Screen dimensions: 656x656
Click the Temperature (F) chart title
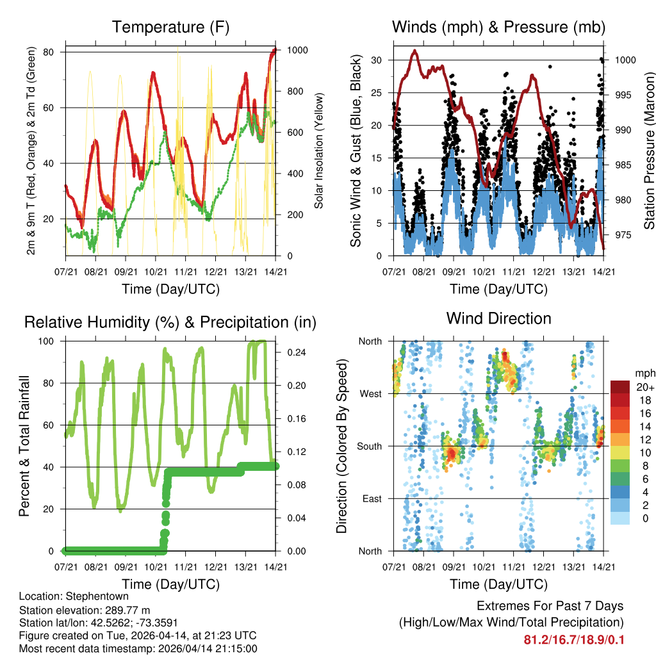pyautogui.click(x=170, y=27)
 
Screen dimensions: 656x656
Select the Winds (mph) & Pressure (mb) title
pyautogui.click(x=498, y=27)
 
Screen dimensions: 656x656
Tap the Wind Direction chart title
pyautogui.click(x=498, y=318)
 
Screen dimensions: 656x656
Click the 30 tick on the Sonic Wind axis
pyautogui.click(x=377, y=60)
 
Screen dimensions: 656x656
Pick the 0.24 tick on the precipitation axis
pyautogui.click(x=293, y=352)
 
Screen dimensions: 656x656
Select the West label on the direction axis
pyautogui.click(x=370, y=394)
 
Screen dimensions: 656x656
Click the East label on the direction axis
pyautogui.click(x=372, y=498)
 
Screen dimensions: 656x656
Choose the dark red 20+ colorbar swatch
pyautogui.click(x=619, y=387)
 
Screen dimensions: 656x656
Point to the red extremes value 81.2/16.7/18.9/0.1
pyautogui.click(x=573, y=640)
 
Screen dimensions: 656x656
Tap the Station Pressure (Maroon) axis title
pyautogui.click(x=649, y=151)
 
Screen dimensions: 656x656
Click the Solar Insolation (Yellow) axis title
pyautogui.click(x=318, y=151)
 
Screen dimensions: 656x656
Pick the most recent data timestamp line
pyautogui.click(x=139, y=648)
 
